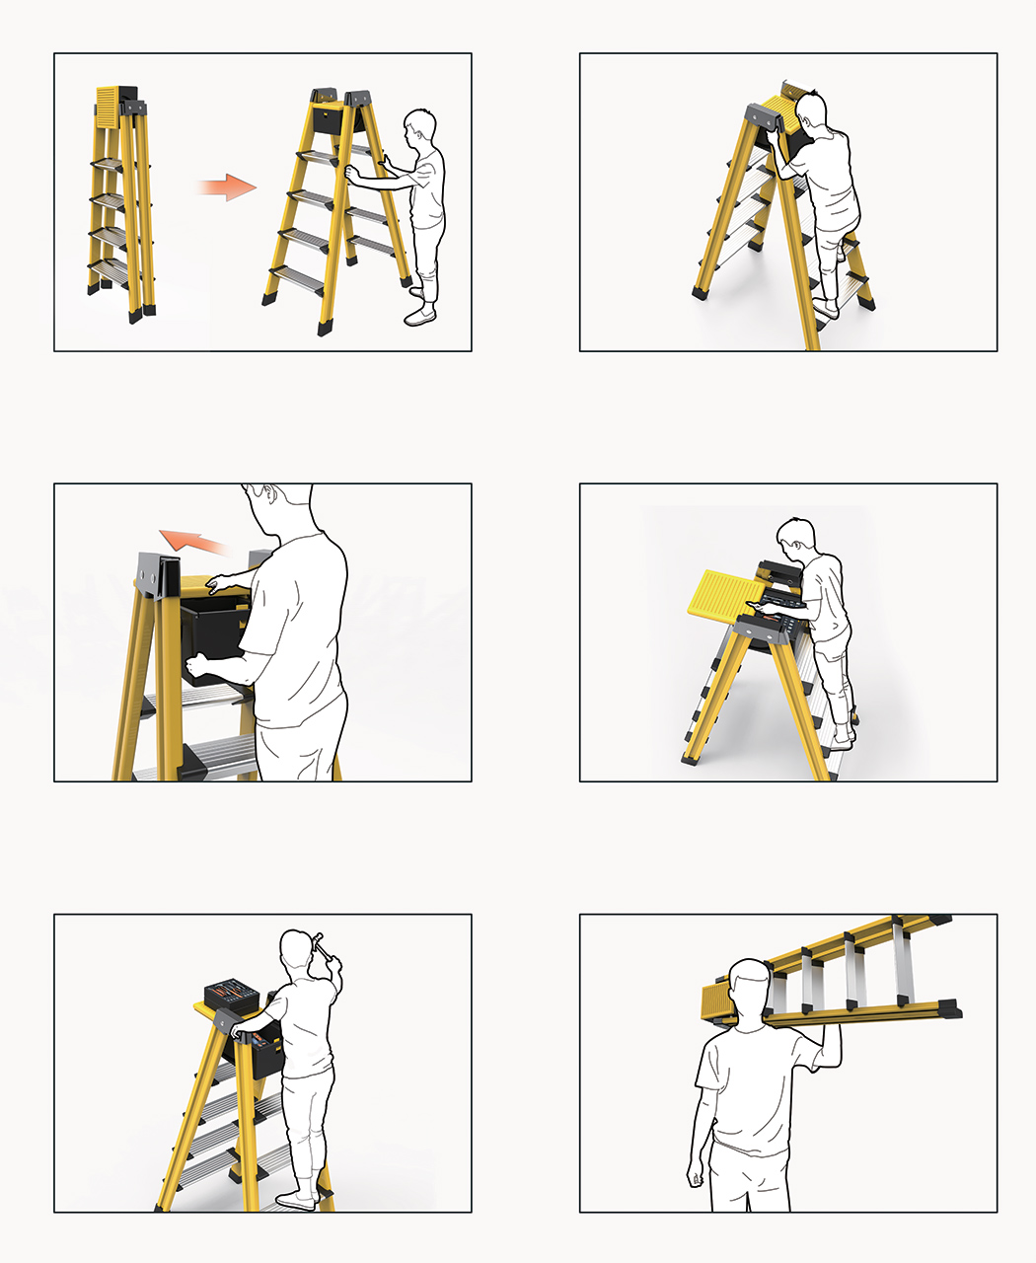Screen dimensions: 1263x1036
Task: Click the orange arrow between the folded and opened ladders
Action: (226, 186)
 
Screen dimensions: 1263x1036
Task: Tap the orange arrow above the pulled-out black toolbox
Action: (193, 540)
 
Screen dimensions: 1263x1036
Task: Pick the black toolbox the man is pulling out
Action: (217, 641)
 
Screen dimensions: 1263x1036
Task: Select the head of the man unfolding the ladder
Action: (421, 128)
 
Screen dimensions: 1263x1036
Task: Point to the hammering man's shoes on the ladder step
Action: (296, 1200)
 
